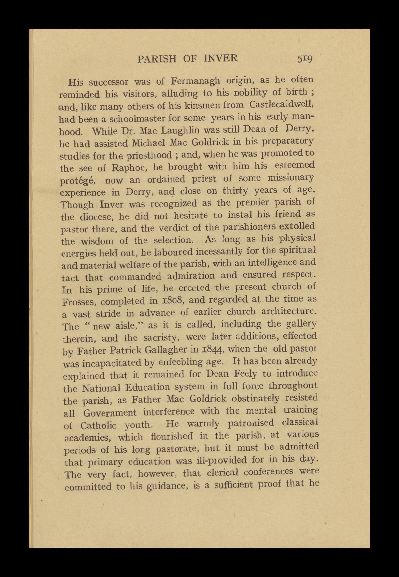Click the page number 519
point(305,59)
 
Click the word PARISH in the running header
point(157,59)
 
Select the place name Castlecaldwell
point(281,104)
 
